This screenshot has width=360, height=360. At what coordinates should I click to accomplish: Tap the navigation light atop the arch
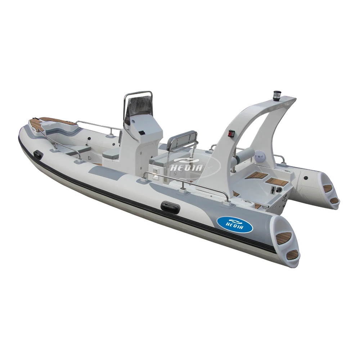click(x=277, y=94)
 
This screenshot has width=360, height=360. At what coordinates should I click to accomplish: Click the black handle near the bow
click(x=37, y=154)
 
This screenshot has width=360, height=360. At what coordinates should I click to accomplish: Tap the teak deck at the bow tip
click(x=54, y=121)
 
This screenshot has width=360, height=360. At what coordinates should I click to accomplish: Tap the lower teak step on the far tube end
click(x=334, y=200)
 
